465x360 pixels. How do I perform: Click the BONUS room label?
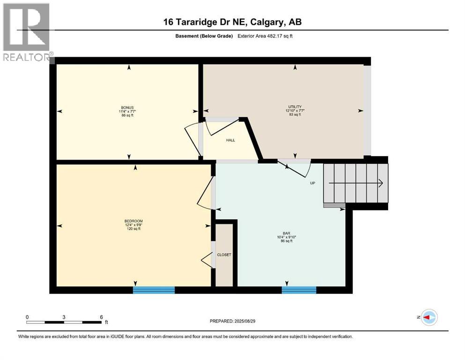click(x=127, y=107)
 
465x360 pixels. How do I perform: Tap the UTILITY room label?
click(x=295, y=106)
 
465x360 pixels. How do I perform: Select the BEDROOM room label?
click(x=133, y=221)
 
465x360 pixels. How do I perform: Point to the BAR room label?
click(x=287, y=233)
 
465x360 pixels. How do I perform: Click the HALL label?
click(x=230, y=140)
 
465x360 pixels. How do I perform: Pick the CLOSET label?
click(x=224, y=255)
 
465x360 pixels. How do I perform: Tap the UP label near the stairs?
click(x=312, y=183)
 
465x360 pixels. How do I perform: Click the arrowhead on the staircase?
click(x=381, y=183)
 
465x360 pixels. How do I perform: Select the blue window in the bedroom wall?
click(x=154, y=290)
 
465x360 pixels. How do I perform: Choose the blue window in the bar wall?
click(x=299, y=290)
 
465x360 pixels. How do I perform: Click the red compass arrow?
click(x=426, y=317)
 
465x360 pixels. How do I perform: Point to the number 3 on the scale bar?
click(x=64, y=317)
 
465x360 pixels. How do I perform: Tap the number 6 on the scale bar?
click(x=102, y=317)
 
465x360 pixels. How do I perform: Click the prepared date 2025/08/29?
click(x=244, y=321)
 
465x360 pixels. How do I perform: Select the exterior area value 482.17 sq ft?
click(x=280, y=36)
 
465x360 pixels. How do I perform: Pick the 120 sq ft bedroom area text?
click(x=133, y=229)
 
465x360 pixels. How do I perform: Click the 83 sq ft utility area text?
click(x=295, y=114)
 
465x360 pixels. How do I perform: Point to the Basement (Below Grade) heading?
click(x=204, y=36)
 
